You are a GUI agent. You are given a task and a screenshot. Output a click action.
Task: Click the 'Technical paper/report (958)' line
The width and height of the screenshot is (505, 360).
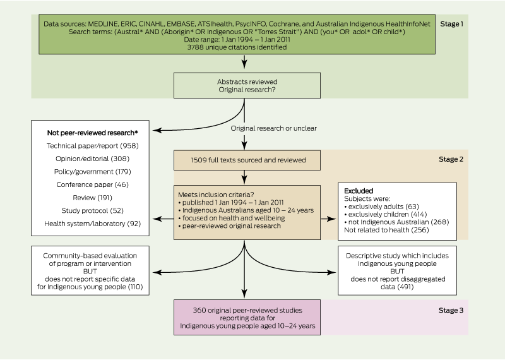tap(92, 145)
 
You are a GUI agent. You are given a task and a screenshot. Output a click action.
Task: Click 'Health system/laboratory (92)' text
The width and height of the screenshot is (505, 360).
tap(92, 222)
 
